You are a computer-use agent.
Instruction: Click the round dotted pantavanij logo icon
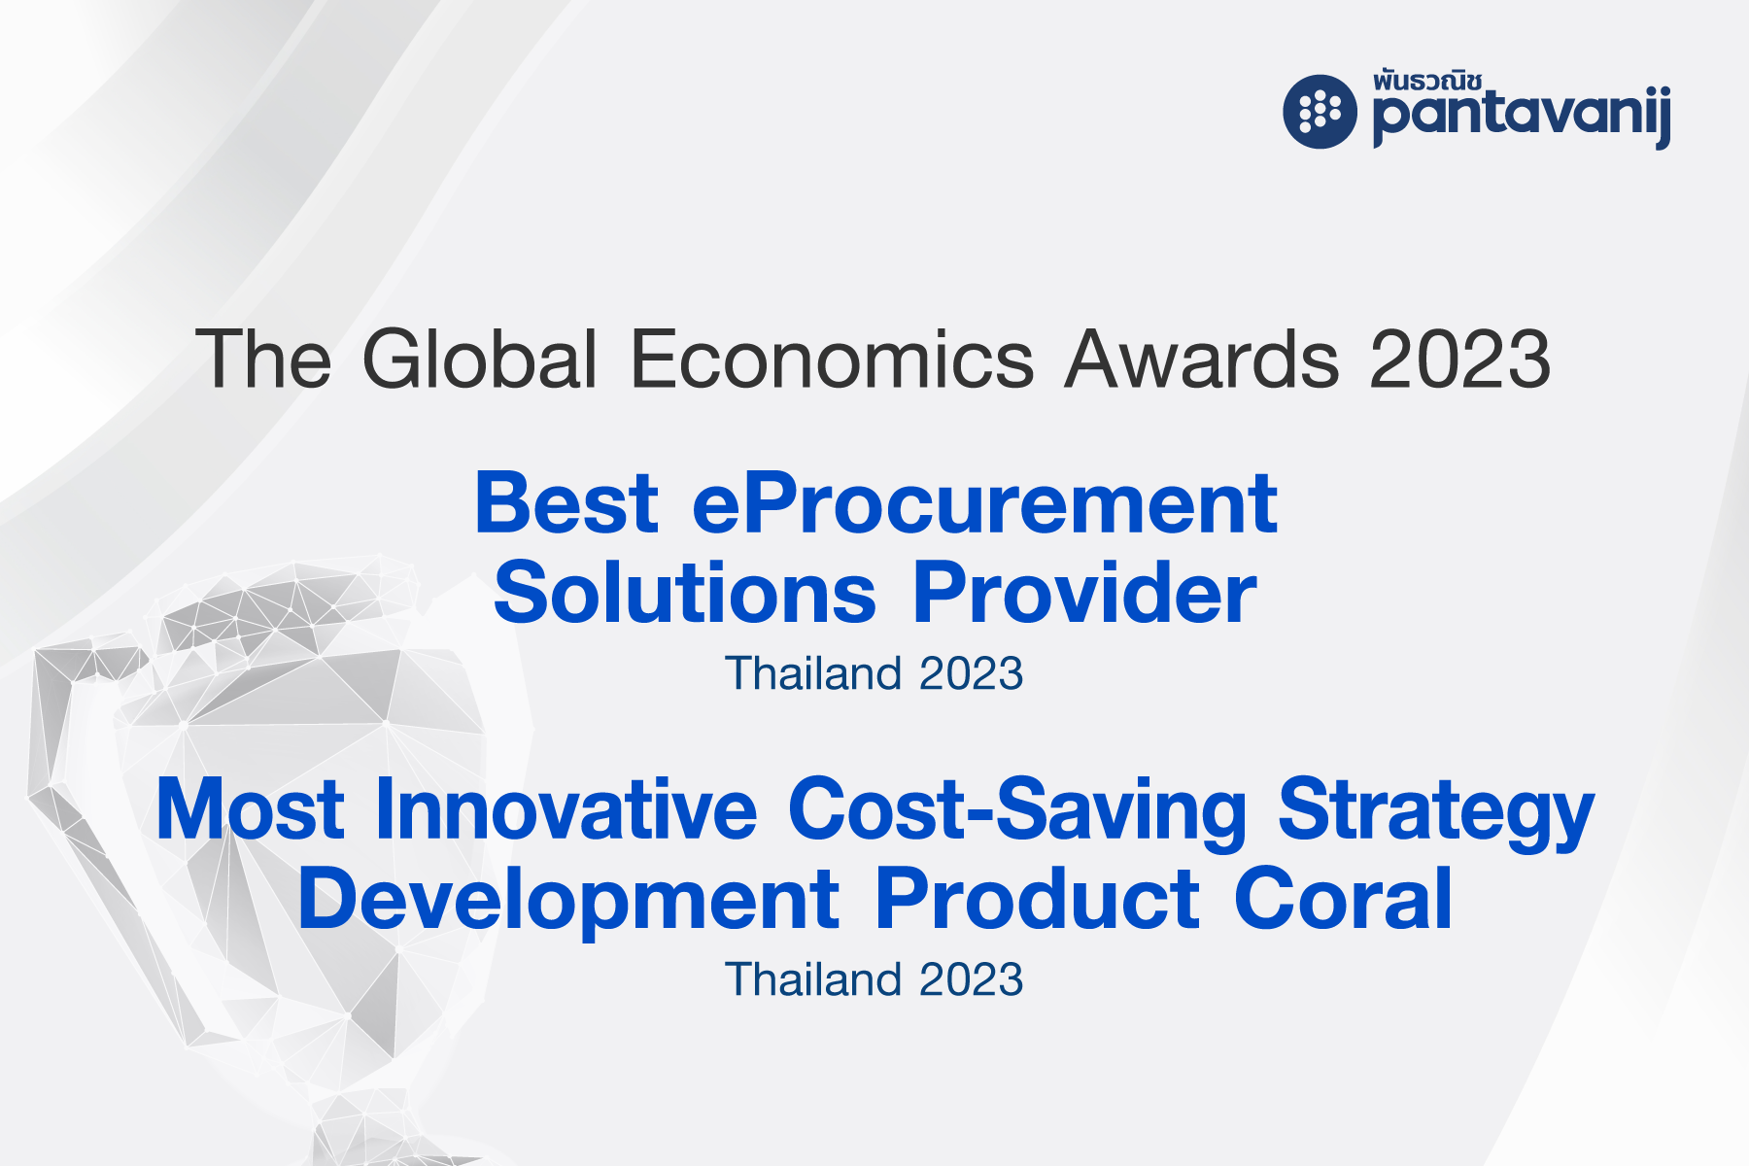[1320, 111]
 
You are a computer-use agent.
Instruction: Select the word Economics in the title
[833, 359]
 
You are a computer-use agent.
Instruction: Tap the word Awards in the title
[1203, 359]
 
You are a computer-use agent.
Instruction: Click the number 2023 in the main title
[1460, 360]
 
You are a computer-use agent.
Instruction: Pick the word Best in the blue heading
[566, 503]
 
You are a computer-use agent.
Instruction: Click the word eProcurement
[984, 505]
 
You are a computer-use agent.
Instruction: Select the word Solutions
[685, 594]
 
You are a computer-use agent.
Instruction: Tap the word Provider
[1084, 593]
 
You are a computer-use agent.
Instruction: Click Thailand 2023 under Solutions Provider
[874, 673]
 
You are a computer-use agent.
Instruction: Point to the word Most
[251, 808]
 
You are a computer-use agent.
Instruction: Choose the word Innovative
[566, 808]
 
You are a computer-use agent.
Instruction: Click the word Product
[1037, 898]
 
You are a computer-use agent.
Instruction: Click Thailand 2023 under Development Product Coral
[874, 979]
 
